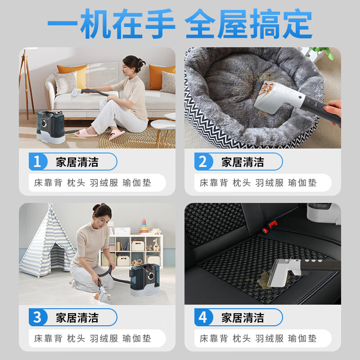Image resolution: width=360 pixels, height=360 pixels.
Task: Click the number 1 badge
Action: pyautogui.click(x=37, y=162)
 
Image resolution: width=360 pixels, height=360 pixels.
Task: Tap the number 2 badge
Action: pyautogui.click(x=203, y=162)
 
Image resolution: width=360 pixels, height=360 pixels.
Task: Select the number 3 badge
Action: pyautogui.click(x=37, y=317)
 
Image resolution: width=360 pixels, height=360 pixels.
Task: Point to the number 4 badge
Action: pyautogui.click(x=203, y=317)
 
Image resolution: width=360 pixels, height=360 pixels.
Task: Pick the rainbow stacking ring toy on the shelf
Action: pyautogui.click(x=144, y=226)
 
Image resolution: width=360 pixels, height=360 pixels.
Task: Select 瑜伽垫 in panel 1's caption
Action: pyautogui.click(x=137, y=183)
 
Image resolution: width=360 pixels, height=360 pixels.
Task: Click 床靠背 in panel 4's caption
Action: pyautogui.click(x=214, y=338)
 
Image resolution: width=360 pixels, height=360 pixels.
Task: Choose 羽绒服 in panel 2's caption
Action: pyautogui.click(x=270, y=183)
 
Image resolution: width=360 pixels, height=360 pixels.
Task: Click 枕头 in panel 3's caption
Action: pyautogui.click(x=76, y=338)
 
